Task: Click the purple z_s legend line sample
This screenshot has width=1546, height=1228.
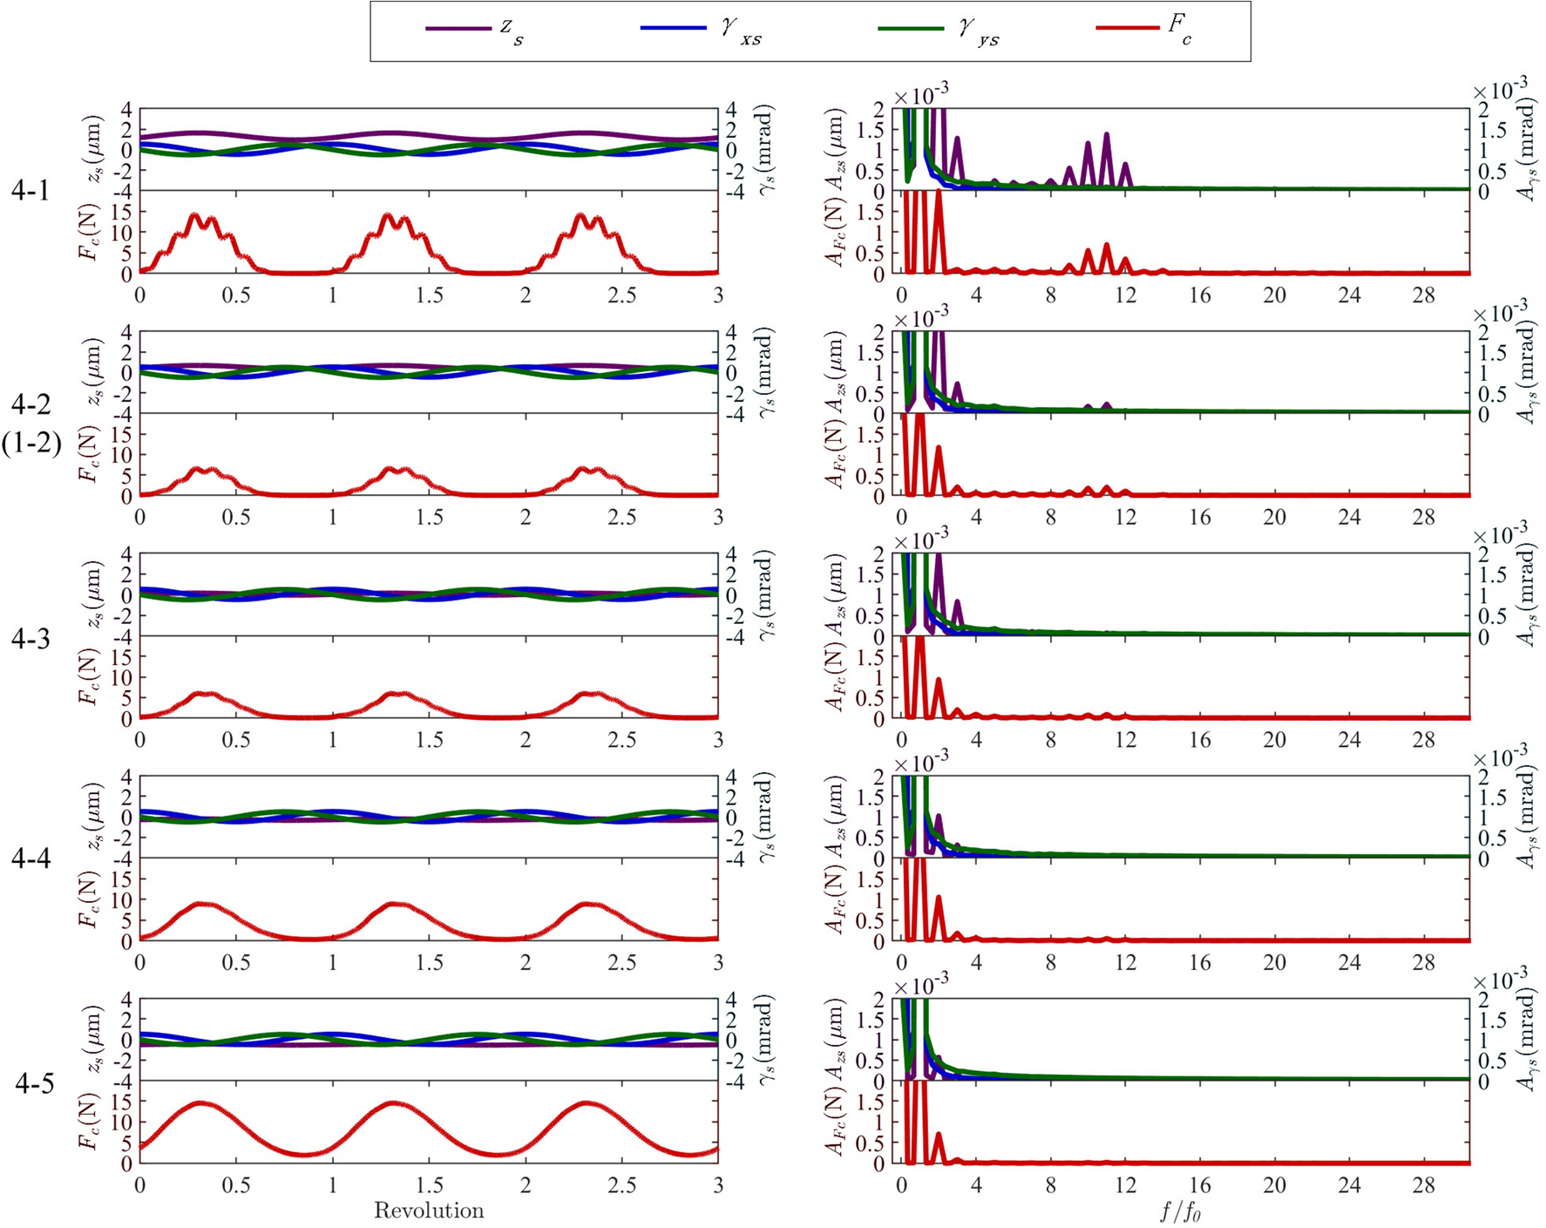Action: (x=458, y=29)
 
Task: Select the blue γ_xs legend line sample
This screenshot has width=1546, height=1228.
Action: (x=673, y=29)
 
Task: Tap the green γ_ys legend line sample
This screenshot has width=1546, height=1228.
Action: (x=911, y=29)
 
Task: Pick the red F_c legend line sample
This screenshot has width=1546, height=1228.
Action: (x=1129, y=29)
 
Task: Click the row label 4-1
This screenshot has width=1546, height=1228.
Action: (x=31, y=191)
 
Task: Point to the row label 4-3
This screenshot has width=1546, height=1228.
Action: (x=31, y=640)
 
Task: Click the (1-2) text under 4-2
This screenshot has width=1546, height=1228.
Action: (x=31, y=444)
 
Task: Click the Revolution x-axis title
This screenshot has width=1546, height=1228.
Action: (x=429, y=1211)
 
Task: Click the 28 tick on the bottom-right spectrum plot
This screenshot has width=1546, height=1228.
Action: (x=1424, y=1185)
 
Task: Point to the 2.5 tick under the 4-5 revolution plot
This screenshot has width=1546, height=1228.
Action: (x=622, y=1185)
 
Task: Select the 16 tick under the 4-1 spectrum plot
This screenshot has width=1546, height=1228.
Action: (x=1200, y=295)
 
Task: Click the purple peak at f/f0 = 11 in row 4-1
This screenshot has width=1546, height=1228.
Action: (x=1107, y=135)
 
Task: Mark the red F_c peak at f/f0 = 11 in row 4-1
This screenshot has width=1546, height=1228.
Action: (x=1107, y=246)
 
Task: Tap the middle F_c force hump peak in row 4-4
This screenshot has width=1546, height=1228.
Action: (x=397, y=904)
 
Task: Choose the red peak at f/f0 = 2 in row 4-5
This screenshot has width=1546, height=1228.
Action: (x=939, y=1134)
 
